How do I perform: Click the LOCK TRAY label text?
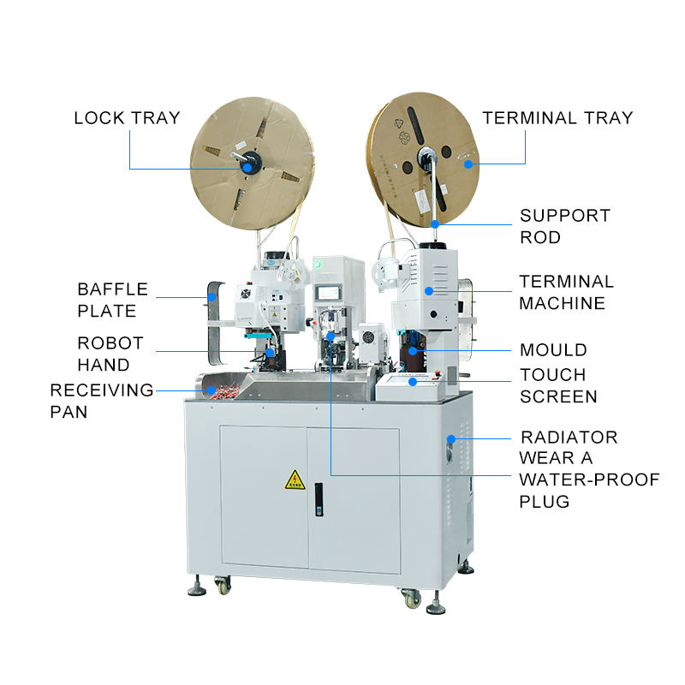pos(127,118)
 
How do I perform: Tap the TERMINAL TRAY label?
pos(557,118)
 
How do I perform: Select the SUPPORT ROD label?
pos(565,226)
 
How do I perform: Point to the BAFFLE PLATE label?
pos(113,301)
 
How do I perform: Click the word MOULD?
pos(553,350)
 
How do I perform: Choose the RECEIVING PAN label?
pos(102,401)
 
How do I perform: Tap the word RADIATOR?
pos(569,438)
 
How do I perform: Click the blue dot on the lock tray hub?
pos(247,168)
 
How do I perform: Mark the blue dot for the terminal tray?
pos(468,164)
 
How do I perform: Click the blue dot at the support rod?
pos(435,224)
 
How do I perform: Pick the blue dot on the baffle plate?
pos(211,297)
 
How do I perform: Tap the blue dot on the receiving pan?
pos(211,390)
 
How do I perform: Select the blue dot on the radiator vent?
pos(451,438)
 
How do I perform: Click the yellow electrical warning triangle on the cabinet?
pos(295,480)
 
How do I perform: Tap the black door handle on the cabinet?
pos(319,500)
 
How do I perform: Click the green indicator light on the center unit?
pos(318,265)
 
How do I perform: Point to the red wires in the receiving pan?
pos(224,391)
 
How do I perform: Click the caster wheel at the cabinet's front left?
pos(223,585)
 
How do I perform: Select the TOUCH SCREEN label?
pos(558,386)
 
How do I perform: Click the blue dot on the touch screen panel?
pos(413,382)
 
